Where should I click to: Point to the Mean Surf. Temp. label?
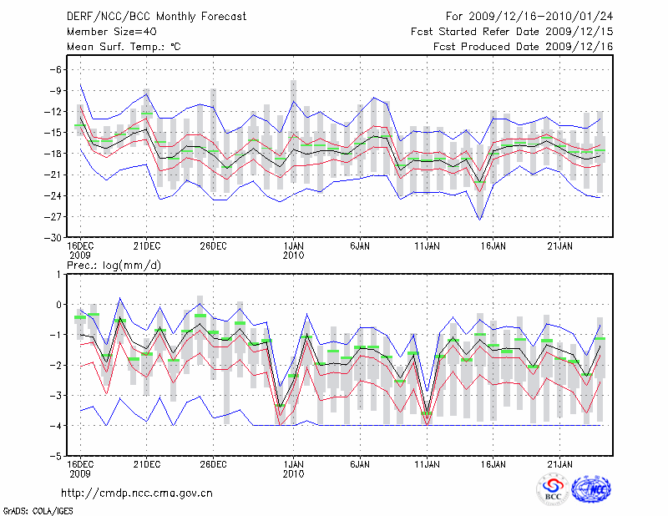pos(124,47)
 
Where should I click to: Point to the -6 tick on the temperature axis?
pos(55,69)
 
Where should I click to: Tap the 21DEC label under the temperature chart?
pos(147,246)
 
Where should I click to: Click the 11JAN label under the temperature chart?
pos(428,246)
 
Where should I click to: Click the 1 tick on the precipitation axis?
pos(58,274)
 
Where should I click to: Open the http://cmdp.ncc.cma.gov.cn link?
pos(138,493)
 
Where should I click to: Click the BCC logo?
pos(553,491)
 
